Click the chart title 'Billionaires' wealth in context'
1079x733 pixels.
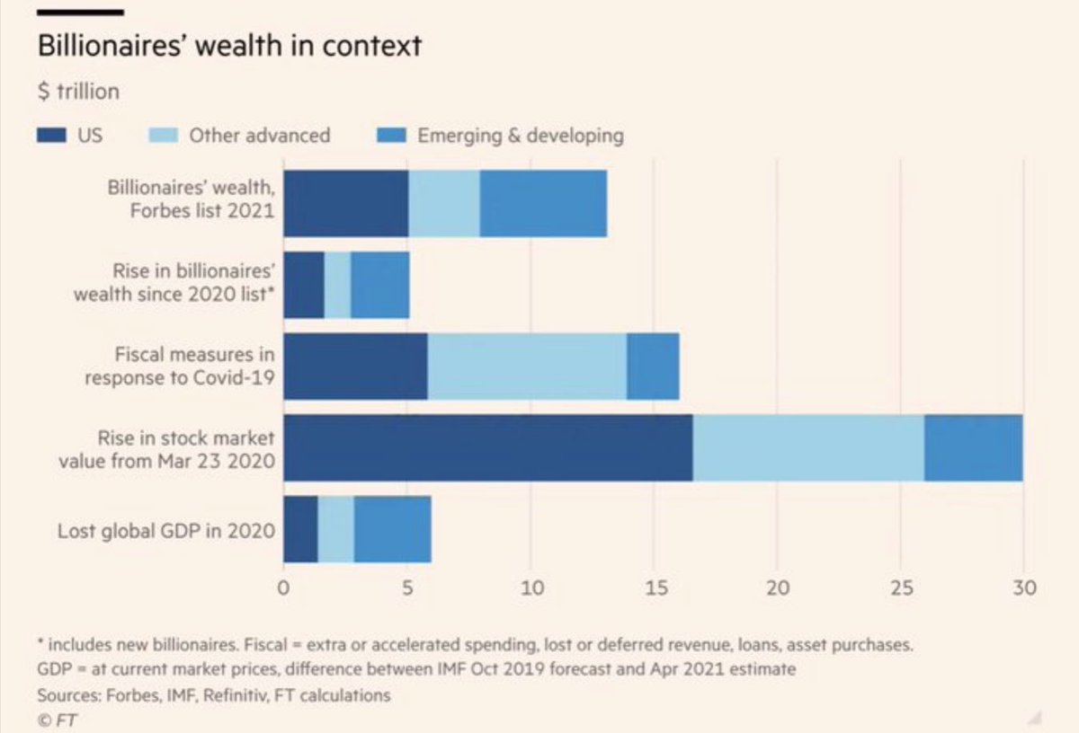229,46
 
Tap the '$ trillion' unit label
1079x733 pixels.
78,92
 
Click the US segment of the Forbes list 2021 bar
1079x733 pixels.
346,203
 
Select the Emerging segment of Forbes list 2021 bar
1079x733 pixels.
543,203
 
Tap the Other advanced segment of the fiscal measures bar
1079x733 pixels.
527,366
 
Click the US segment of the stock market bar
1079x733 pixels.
488,448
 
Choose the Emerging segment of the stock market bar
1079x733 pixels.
973,448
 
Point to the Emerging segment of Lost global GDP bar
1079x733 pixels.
392,529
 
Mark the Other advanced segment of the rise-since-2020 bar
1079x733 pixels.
337,285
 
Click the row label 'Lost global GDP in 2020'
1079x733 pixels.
166,530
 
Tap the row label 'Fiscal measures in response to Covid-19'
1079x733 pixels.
180,366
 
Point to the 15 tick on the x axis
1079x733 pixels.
655,588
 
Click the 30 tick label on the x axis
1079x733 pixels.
1024,588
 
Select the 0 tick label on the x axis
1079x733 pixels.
284,588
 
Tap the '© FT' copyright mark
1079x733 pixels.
55,719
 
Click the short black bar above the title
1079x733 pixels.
79,13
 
